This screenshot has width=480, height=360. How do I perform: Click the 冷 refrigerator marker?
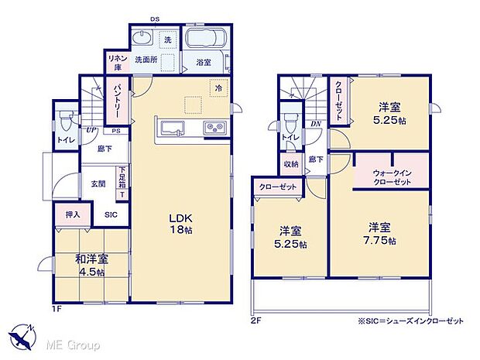coord(219,88)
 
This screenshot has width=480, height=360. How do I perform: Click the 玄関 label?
coord(98,184)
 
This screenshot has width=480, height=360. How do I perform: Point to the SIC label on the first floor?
coord(111,214)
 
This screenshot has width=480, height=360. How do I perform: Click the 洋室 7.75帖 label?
coord(379,234)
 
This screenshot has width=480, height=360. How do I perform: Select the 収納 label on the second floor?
coord(291,164)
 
